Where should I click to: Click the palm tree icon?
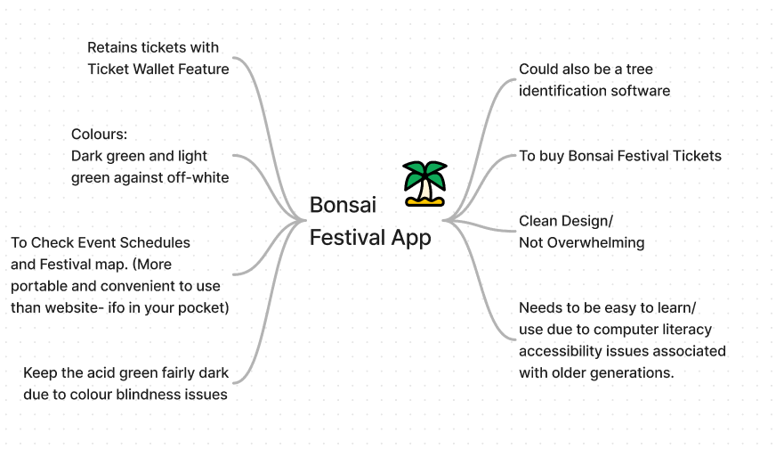tap(424, 184)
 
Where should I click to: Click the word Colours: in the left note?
tap(100, 135)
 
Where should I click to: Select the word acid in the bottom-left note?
tap(104, 373)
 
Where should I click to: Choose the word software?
tap(641, 91)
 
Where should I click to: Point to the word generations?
tap(631, 373)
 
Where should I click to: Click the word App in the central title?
tap(411, 238)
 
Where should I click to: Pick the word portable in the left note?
tap(38, 286)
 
